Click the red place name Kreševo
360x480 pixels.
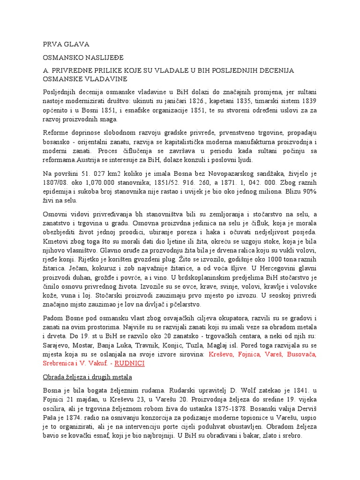click(x=221, y=354)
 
